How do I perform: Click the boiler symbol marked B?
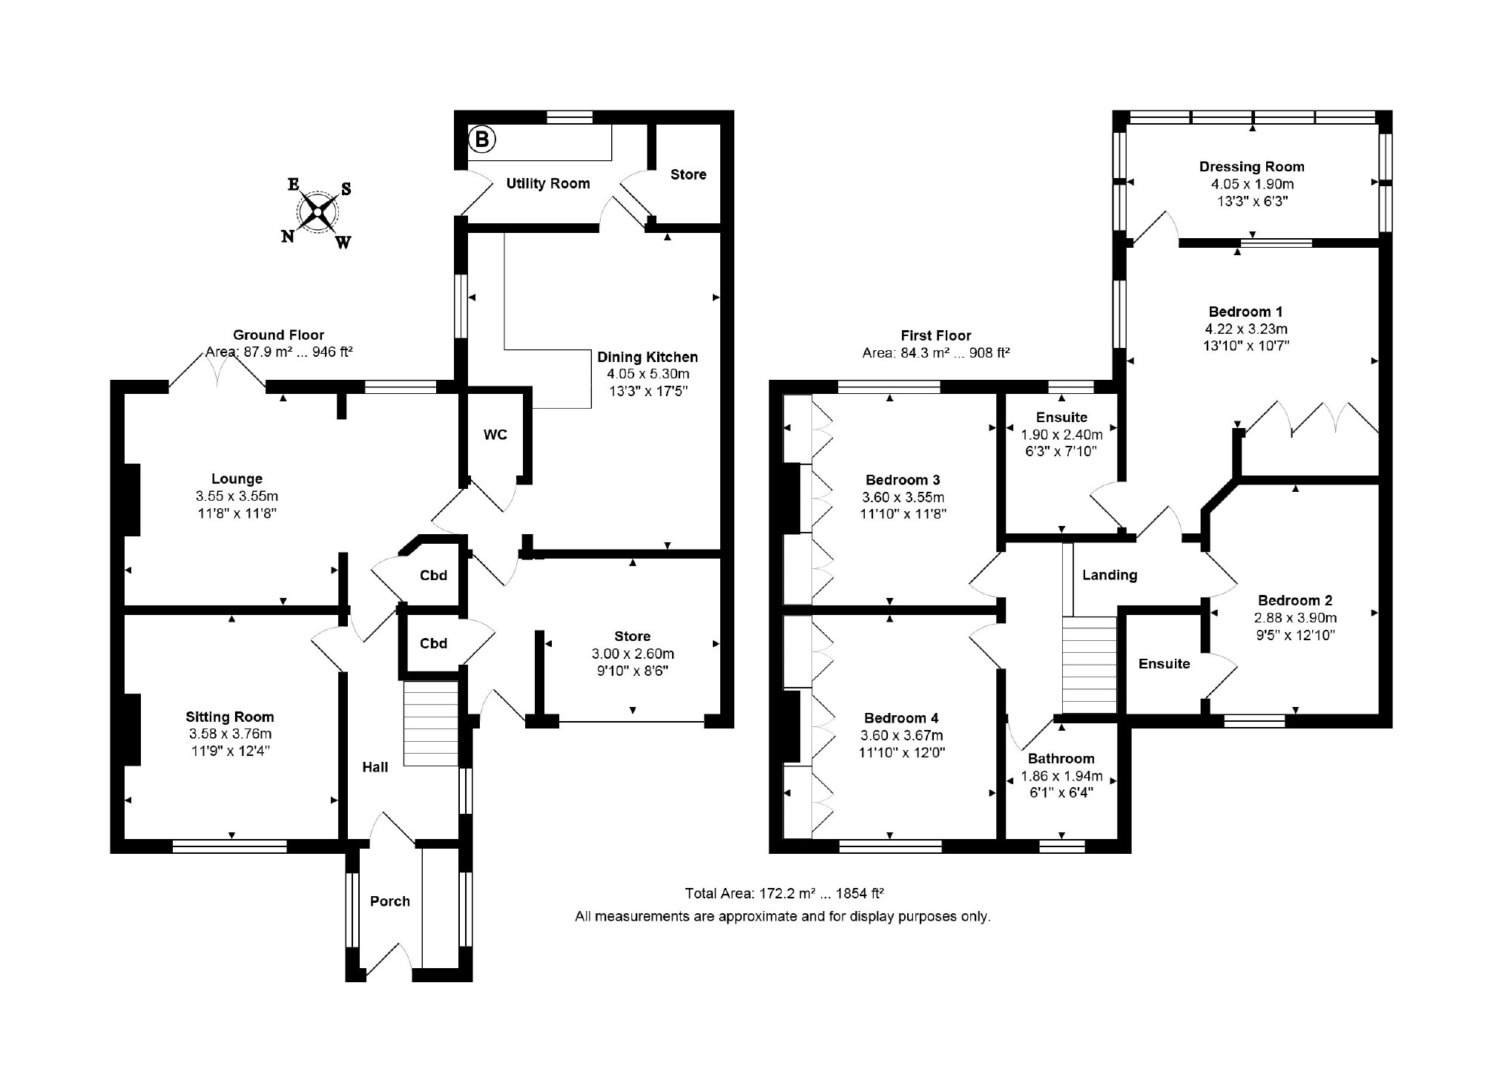(x=482, y=139)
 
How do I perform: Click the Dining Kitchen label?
(x=648, y=357)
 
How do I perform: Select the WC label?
(x=495, y=434)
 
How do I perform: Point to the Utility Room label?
(x=548, y=183)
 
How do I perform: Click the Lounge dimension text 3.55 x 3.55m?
(x=237, y=496)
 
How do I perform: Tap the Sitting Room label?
(x=230, y=717)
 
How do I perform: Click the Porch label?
(x=390, y=901)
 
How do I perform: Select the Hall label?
(x=375, y=767)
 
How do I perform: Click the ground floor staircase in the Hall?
(x=431, y=723)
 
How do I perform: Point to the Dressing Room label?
(x=1252, y=167)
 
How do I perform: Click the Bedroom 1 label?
(x=1245, y=312)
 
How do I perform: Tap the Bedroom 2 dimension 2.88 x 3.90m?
(x=1296, y=618)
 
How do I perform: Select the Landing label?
(x=1110, y=575)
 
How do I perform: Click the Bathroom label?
(x=1061, y=758)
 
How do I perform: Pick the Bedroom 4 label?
(x=901, y=718)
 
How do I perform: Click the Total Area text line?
(x=784, y=893)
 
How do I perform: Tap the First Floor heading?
(x=936, y=335)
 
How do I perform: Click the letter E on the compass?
(x=294, y=185)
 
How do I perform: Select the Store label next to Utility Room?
(x=688, y=174)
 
